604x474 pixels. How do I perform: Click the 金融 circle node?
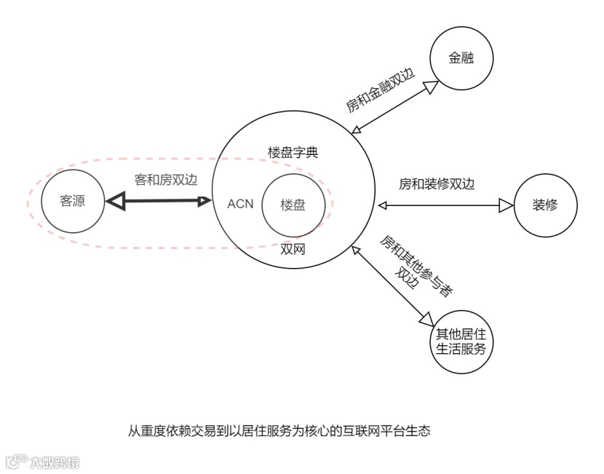coord(461,58)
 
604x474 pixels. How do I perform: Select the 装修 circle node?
coord(546,205)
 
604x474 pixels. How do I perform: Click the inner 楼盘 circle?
coord(293,205)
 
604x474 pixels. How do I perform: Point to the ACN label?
coord(240,203)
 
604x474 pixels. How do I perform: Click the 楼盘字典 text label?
coord(293,153)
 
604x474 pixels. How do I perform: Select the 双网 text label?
coord(293,249)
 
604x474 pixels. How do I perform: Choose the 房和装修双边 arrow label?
coord(437,184)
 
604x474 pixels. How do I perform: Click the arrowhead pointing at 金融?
coord(431,87)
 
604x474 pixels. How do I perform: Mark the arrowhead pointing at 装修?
coord(506,206)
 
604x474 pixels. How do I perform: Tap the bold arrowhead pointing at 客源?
coord(114,202)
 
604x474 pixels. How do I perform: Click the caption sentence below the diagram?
coord(279,430)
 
